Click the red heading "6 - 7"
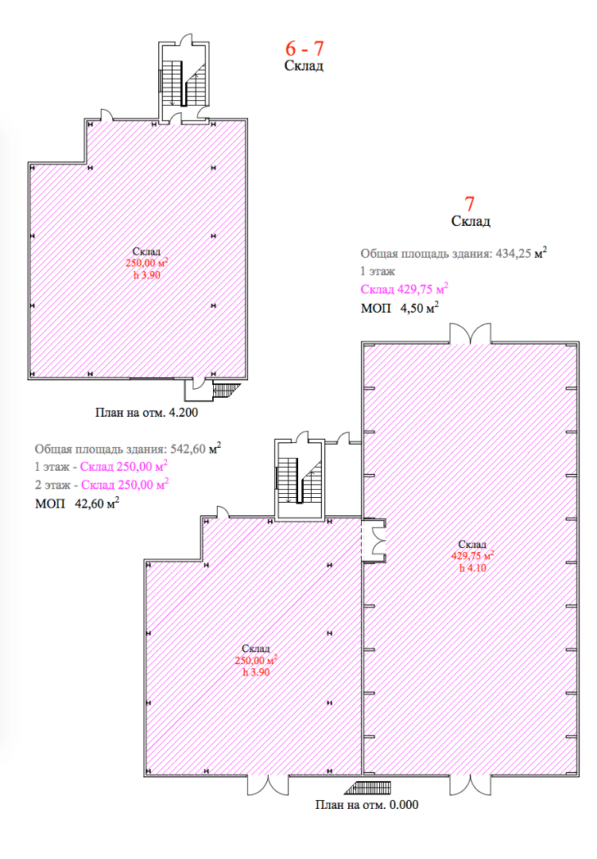304,49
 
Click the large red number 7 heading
469,204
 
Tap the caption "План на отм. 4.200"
146,412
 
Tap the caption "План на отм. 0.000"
366,805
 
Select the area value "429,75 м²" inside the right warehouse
472,555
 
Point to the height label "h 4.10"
472,568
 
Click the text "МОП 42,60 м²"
77,503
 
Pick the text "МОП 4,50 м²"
400,307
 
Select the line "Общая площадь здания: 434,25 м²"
453,253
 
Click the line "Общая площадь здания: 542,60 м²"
128,449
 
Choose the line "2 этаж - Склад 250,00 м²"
101,484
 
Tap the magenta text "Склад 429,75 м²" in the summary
404,289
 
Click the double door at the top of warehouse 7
470,334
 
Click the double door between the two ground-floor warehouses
376,540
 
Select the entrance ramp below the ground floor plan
368,787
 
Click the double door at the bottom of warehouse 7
471,784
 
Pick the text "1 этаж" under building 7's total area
378,271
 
